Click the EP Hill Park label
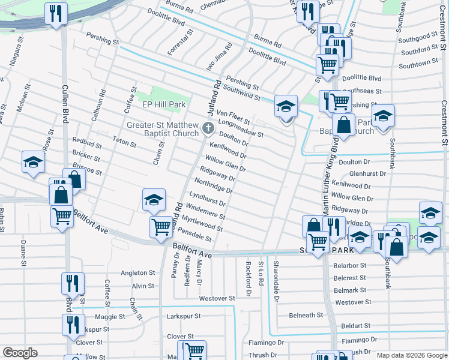point(164,104)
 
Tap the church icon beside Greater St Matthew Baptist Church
point(208,127)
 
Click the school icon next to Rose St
point(34,162)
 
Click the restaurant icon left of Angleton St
point(73,282)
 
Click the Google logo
point(20,353)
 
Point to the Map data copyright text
point(411,355)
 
